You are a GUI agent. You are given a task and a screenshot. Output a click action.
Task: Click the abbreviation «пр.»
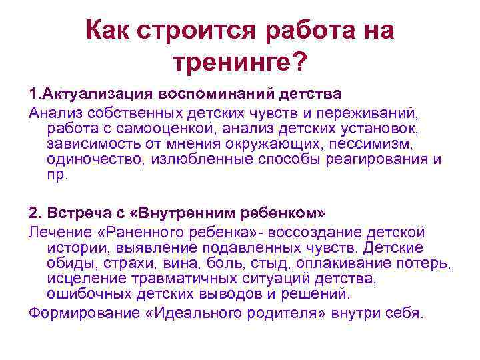coord(57,175)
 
